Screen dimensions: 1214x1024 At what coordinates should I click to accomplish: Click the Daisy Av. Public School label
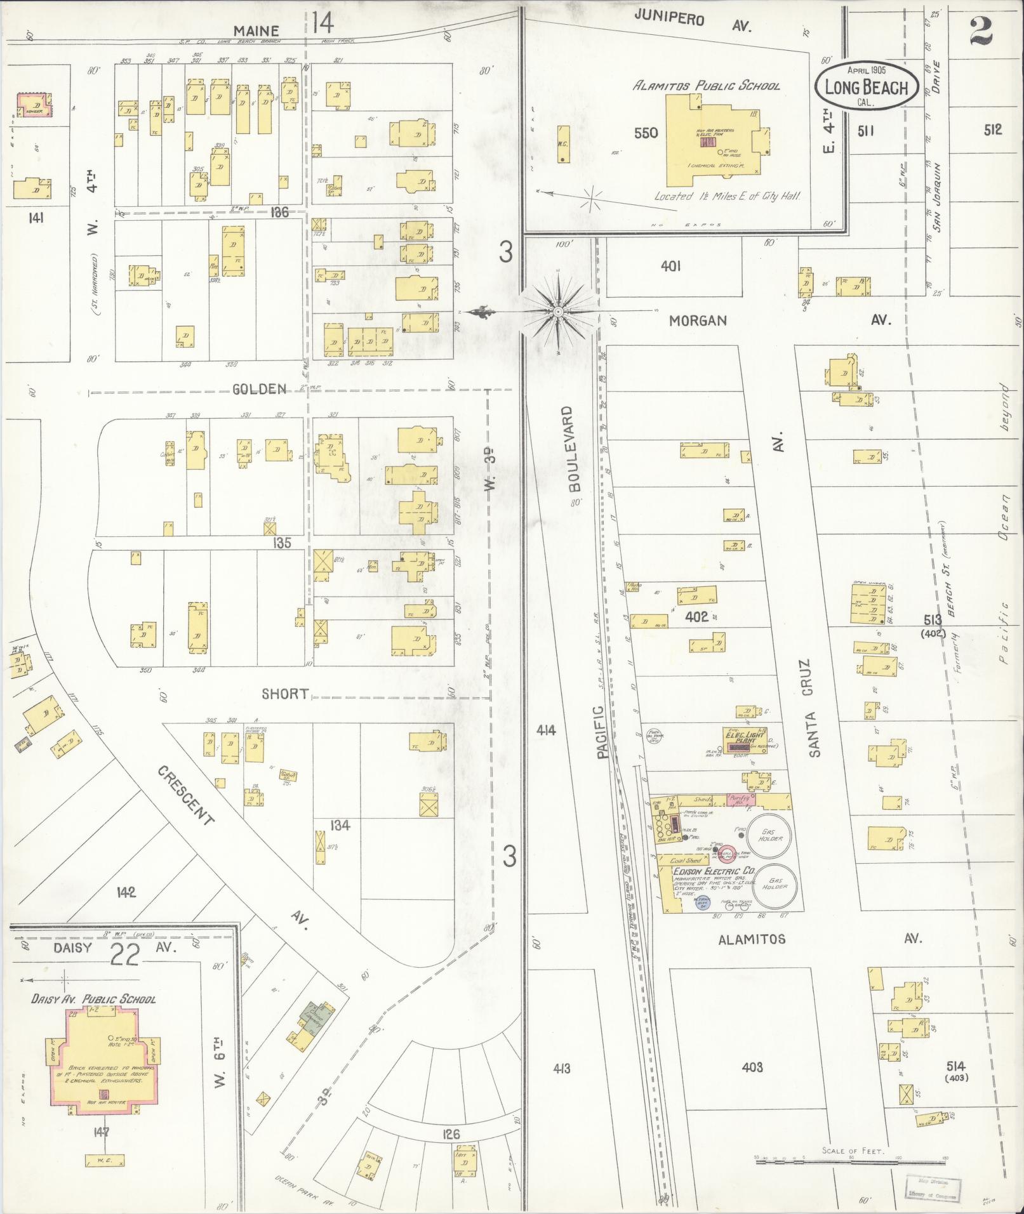pyautogui.click(x=93, y=999)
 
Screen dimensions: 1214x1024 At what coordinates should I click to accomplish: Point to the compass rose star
pyautogui.click(x=557, y=312)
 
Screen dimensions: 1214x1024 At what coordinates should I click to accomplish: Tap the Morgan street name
pyautogui.click(x=698, y=320)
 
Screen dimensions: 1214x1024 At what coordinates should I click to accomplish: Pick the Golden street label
pyautogui.click(x=260, y=389)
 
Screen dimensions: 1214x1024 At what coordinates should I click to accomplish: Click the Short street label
pyautogui.click(x=285, y=694)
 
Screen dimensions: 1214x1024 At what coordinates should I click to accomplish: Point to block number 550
pyautogui.click(x=646, y=133)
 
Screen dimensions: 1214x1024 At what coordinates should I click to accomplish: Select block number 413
pyautogui.click(x=561, y=1069)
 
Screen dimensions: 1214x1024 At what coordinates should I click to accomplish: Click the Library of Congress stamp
pyautogui.click(x=933, y=1186)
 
